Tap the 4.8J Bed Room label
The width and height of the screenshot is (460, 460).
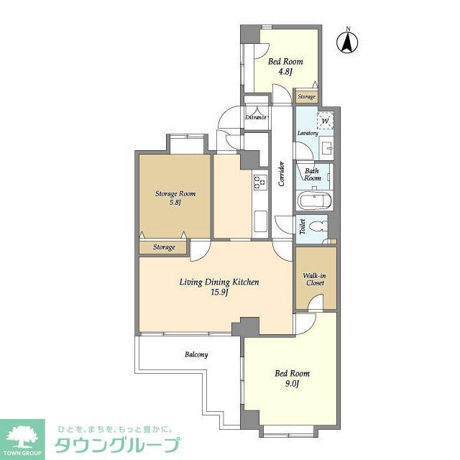pos(285,66)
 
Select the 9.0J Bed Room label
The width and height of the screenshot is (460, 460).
pos(293,378)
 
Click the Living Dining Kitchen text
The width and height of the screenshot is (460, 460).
pos(218,287)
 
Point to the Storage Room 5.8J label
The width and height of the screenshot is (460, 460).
pos(175,198)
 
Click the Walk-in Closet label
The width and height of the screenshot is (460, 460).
pos(313,279)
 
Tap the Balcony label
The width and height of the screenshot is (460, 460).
pos(196,354)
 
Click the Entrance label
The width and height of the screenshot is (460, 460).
pos(256,117)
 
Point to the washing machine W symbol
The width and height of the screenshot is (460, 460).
pos(325,121)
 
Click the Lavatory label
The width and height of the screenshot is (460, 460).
pos(308,134)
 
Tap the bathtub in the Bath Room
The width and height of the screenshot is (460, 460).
pos(313,201)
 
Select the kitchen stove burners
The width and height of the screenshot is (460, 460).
pos(259,183)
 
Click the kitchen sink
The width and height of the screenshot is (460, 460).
pos(259,222)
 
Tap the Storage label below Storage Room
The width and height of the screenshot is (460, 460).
pos(164,247)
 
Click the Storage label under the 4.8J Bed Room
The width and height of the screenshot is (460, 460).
pos(306,96)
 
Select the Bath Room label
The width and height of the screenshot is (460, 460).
pos(313,174)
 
